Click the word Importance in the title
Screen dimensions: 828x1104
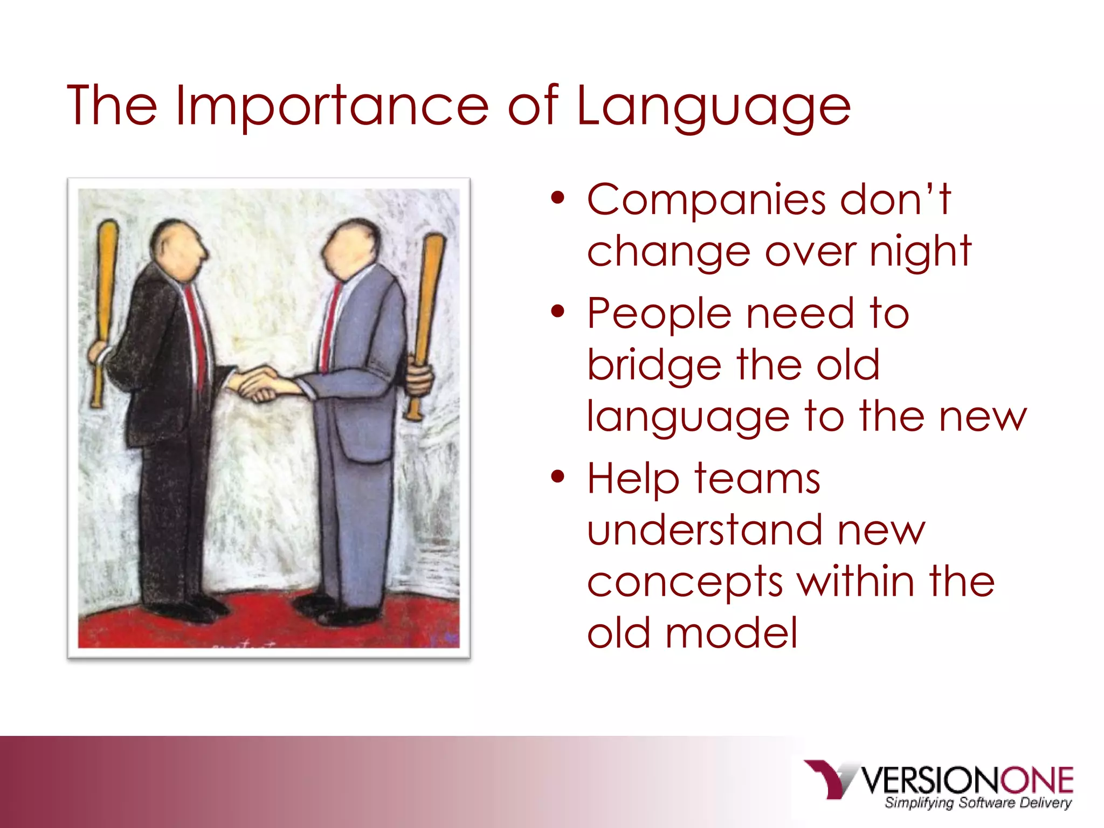point(332,106)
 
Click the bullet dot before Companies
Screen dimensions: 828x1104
point(558,199)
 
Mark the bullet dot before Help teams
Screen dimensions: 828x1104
point(558,477)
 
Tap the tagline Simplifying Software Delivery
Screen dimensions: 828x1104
point(977,803)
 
